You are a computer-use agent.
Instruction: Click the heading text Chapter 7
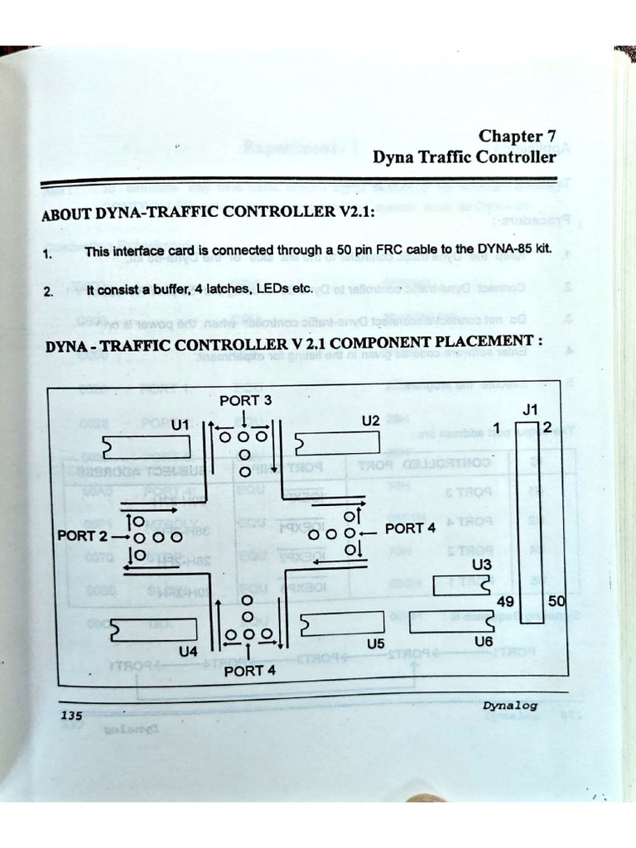[x=517, y=136]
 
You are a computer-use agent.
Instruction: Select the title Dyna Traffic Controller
[x=464, y=157]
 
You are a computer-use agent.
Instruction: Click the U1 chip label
[x=181, y=424]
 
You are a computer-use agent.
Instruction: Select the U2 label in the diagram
[x=370, y=421]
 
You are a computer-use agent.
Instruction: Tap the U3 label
[x=481, y=566]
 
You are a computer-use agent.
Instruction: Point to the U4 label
[x=188, y=652]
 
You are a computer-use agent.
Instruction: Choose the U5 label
[x=375, y=643]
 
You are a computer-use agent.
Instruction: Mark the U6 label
[x=484, y=641]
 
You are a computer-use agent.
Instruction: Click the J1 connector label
[x=530, y=409]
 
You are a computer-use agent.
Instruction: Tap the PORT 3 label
[x=245, y=401]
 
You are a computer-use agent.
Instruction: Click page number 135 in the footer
[x=70, y=715]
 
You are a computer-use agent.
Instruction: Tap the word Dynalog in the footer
[x=510, y=706]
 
